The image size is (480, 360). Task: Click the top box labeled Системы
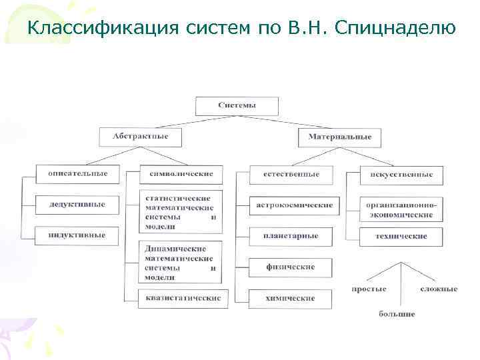236,105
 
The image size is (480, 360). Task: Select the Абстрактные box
140,137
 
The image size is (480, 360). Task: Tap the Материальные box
339,138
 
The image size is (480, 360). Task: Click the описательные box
77,173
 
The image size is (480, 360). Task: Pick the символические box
177,174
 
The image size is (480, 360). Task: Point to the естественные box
291,174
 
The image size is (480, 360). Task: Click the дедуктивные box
77,204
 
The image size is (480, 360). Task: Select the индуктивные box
77,234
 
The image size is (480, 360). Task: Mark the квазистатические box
183,297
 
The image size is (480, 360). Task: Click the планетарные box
291,235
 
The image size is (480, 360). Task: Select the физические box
291,267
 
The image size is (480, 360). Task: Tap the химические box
291,298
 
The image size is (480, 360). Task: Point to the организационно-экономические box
400,209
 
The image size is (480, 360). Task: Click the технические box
400,236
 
